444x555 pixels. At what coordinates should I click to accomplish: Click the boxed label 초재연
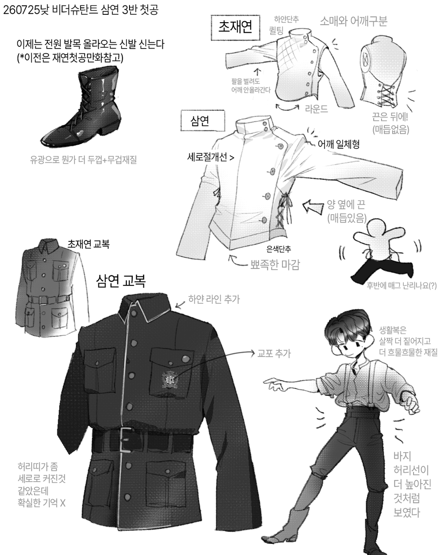tap(235, 27)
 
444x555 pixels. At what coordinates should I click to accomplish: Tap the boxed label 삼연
tap(203, 121)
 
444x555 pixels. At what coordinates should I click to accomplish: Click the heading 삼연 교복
tap(121, 281)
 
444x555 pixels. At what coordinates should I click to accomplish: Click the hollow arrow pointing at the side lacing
tap(313, 207)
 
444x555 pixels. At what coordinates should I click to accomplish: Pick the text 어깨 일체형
tap(339, 144)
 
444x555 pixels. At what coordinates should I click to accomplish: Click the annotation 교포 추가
tap(274, 353)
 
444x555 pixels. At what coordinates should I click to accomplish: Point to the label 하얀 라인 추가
tap(214, 299)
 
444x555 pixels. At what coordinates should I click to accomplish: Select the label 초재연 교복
tap(88, 244)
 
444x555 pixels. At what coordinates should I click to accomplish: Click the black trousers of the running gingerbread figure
tap(382, 271)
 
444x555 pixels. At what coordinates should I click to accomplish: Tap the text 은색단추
tap(278, 249)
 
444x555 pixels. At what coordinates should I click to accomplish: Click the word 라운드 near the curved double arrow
tap(316, 109)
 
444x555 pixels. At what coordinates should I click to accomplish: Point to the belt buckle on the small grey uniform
tap(43, 300)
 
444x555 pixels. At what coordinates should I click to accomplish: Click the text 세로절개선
tap(207, 157)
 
